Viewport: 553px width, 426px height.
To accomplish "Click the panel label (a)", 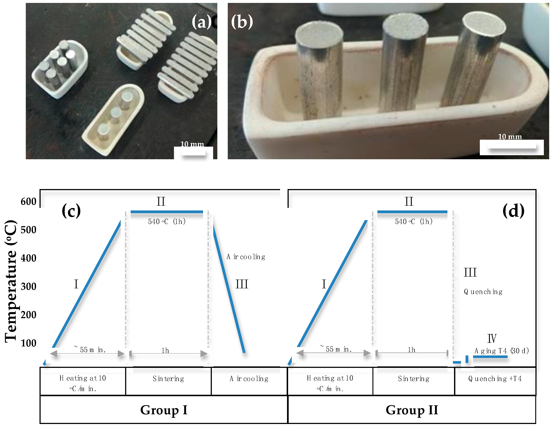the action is [201, 22].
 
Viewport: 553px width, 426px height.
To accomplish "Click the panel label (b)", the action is [242, 22].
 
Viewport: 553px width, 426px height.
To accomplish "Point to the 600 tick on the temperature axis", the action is [28, 201].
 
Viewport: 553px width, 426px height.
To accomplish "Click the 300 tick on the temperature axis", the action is [28, 286].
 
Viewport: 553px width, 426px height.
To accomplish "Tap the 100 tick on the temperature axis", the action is [28, 343].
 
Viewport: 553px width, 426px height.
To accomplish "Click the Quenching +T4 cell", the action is [495, 379].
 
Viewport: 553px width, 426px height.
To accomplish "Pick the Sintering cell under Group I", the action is [168, 379].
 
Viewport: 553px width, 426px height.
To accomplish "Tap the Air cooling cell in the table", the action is [249, 379].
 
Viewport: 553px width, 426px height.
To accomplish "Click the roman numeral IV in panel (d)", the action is [492, 338].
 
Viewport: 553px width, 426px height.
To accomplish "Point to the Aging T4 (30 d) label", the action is [501, 351].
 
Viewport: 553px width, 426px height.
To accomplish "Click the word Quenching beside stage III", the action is [483, 292].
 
